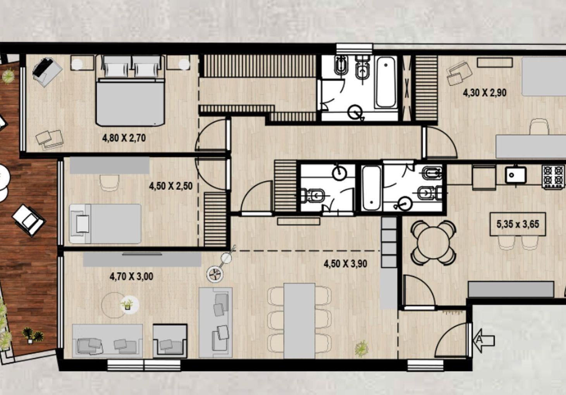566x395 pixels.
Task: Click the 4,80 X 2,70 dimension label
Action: (x=124, y=138)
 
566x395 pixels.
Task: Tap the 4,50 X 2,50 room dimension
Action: (x=171, y=186)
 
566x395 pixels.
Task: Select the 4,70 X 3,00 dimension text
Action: (x=131, y=276)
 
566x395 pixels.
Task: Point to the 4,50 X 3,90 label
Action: (x=346, y=264)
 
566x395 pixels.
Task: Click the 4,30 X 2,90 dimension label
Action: (x=485, y=93)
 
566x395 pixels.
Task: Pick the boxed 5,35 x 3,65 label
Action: (x=518, y=224)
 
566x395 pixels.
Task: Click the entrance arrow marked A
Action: (x=485, y=340)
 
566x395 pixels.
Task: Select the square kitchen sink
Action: (x=516, y=175)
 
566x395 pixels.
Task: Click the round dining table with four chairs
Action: (x=433, y=243)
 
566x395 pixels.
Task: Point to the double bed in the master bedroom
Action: (x=131, y=90)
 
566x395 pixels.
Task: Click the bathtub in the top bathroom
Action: (x=385, y=82)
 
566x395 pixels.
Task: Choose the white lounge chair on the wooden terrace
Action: (x=29, y=220)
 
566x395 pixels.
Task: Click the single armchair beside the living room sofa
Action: (x=170, y=340)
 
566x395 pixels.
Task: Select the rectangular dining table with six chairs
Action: (x=299, y=321)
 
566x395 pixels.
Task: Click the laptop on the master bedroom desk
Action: (x=42, y=67)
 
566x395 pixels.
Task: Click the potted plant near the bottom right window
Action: (x=361, y=349)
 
